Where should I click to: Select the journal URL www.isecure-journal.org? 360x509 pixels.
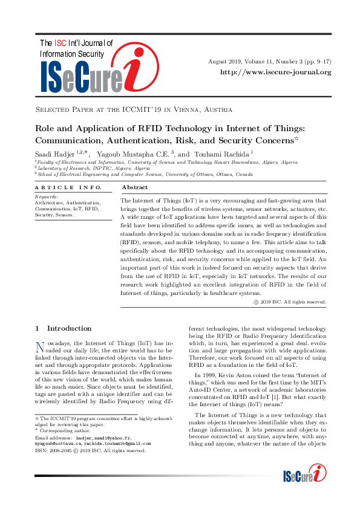click(276, 73)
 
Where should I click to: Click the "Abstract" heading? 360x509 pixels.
click(135, 188)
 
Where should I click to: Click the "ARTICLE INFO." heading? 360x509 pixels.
click(59, 188)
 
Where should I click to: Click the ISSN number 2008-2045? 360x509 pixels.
click(61, 450)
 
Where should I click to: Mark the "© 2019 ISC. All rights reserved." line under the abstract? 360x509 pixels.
click(289, 302)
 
